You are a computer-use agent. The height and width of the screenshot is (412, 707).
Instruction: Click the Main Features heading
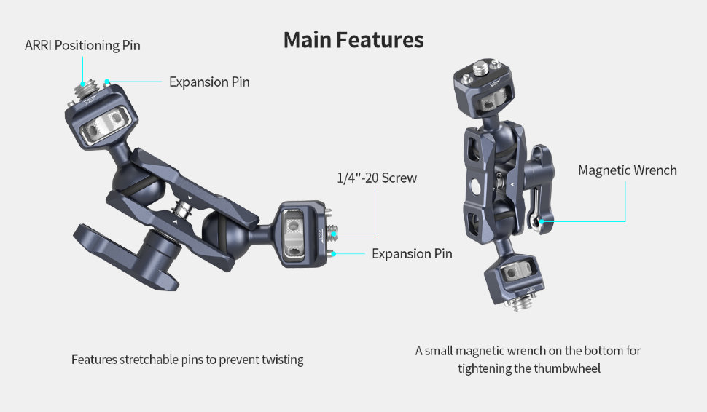(x=353, y=39)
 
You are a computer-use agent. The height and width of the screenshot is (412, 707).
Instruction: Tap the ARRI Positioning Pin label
(x=82, y=45)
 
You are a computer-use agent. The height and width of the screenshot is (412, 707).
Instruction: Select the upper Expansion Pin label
(x=209, y=82)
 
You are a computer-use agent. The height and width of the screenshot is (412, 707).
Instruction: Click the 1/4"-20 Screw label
(x=377, y=178)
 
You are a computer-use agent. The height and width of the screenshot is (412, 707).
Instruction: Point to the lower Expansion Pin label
(x=412, y=253)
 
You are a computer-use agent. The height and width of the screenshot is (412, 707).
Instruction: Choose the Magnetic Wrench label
(x=627, y=170)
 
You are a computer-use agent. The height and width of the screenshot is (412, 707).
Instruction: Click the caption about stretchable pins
(x=187, y=360)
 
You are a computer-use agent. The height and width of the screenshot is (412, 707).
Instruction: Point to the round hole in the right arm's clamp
(x=476, y=186)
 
